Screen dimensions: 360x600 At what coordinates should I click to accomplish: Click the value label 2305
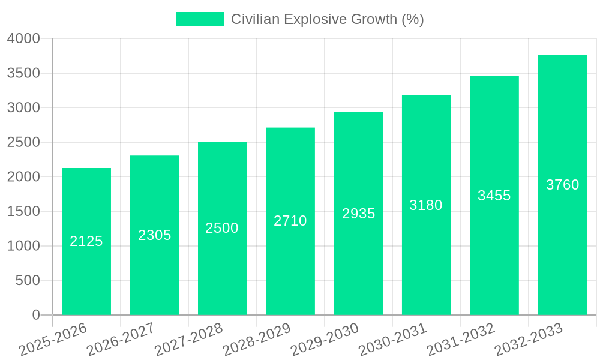click(155, 235)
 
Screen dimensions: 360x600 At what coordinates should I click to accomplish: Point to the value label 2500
click(222, 228)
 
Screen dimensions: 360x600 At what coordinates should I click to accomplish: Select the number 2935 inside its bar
click(359, 214)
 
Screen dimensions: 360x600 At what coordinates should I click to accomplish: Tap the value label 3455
click(494, 196)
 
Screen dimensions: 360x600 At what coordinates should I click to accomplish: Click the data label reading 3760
click(563, 185)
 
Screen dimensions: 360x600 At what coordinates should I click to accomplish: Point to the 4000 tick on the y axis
click(23, 39)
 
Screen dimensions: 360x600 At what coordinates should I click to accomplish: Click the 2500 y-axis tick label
click(23, 143)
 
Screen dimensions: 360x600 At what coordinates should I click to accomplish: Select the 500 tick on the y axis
click(28, 281)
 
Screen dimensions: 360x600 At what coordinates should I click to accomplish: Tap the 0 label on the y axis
click(35, 315)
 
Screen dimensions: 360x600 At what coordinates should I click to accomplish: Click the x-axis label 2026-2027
click(121, 340)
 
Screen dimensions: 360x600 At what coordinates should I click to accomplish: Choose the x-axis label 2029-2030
click(325, 340)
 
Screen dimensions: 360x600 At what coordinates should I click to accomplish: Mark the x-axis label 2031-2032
click(460, 340)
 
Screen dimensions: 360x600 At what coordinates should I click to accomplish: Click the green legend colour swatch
click(199, 19)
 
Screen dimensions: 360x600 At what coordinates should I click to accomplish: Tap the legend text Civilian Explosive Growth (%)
click(328, 19)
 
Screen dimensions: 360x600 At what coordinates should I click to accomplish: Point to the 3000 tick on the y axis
click(23, 108)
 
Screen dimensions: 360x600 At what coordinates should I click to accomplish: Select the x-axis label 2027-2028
click(188, 340)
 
